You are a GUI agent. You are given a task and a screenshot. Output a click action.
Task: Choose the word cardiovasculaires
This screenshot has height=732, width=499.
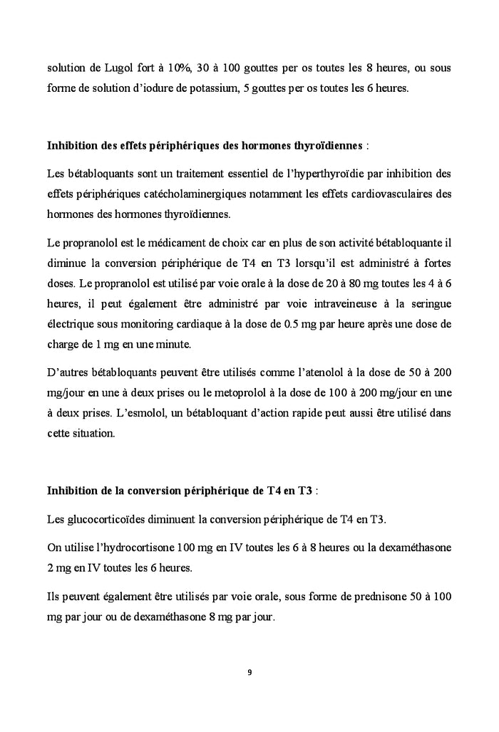pyautogui.click(x=389, y=194)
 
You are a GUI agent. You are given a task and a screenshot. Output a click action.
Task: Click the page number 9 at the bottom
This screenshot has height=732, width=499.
pyautogui.click(x=249, y=672)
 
